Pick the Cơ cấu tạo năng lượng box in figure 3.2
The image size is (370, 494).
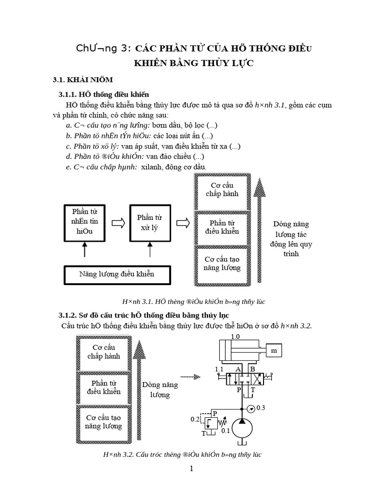103,422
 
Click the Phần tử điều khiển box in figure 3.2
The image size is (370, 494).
103,387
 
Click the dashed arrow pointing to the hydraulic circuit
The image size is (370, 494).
190,377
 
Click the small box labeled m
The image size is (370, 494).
274,351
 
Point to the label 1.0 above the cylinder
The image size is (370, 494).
236,336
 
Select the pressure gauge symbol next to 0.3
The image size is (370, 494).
250,408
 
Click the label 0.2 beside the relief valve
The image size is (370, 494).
195,419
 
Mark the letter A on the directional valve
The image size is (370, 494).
238,370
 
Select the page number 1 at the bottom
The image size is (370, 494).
191,468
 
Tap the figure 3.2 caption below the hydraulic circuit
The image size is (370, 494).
182,454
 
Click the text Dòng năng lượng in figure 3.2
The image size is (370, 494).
160,390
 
